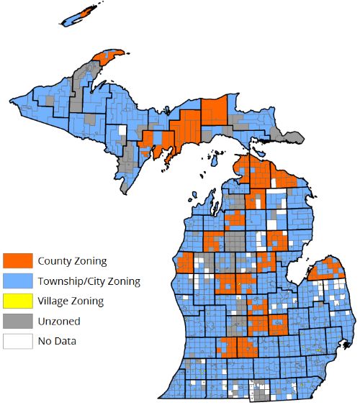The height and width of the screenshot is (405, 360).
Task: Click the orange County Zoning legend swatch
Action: click(16, 260)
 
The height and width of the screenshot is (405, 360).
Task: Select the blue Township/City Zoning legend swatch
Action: click(16, 281)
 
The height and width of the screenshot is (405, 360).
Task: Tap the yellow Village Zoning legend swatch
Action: click(16, 301)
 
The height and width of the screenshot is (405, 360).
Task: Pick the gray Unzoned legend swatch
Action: click(16, 321)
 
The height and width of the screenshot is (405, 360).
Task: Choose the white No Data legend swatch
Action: click(16, 341)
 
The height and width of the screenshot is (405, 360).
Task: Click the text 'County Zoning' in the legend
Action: click(72, 260)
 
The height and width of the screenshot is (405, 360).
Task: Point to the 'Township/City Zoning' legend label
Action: click(89, 281)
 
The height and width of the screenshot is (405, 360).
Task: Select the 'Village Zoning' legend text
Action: click(71, 301)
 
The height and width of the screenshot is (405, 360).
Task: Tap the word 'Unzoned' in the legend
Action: click(59, 321)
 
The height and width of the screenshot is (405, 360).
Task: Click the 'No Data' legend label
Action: click(57, 341)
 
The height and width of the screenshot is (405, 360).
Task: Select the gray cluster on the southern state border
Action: click(261, 391)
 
